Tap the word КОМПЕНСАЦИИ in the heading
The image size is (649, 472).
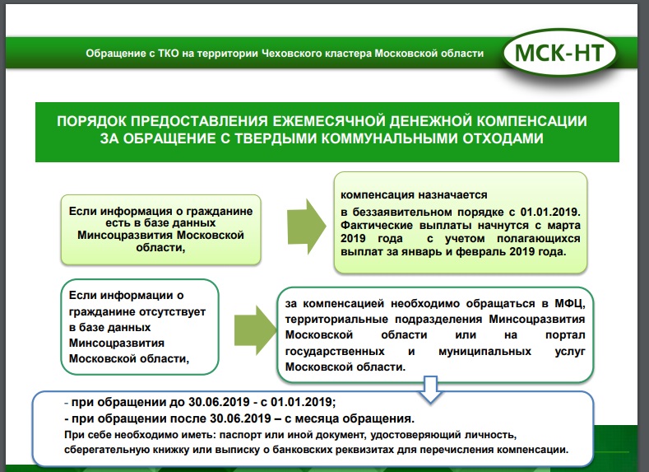pyautogui.click(x=536, y=121)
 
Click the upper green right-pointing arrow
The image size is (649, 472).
pyautogui.click(x=304, y=222)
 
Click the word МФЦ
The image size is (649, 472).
pyautogui.click(x=567, y=302)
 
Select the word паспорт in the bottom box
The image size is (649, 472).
pyautogui.click(x=233, y=434)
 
